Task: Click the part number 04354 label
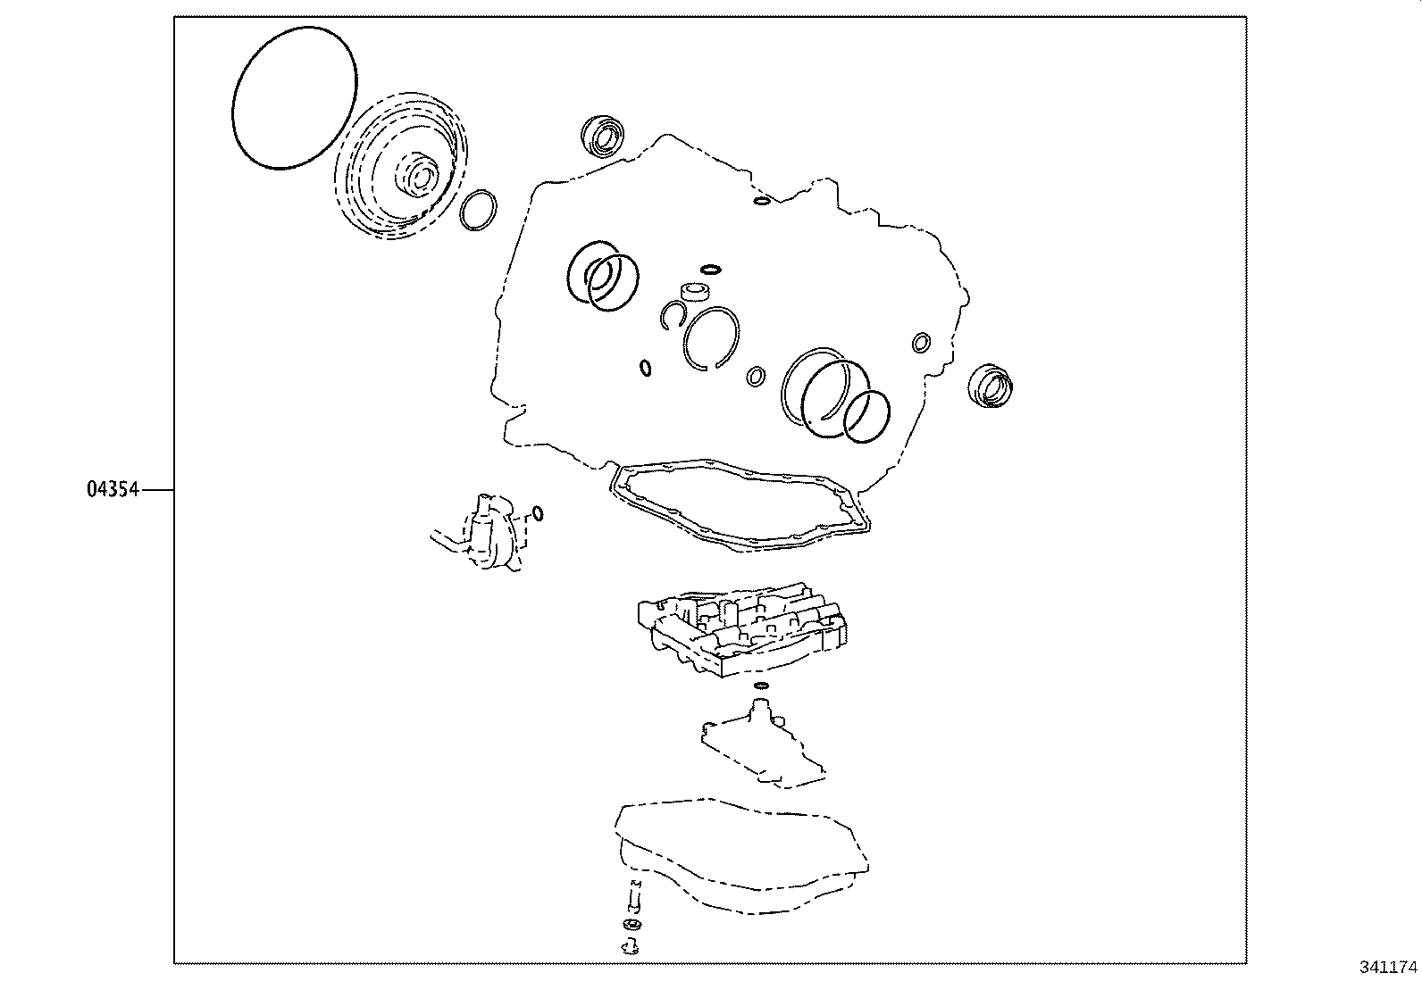click(113, 489)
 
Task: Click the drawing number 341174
click(1387, 967)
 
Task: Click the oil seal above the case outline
click(606, 136)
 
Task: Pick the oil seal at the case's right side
click(990, 387)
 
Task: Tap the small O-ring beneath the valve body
click(760, 686)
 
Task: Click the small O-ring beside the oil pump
click(537, 512)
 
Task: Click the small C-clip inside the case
click(673, 314)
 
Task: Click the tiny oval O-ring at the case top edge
click(760, 200)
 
